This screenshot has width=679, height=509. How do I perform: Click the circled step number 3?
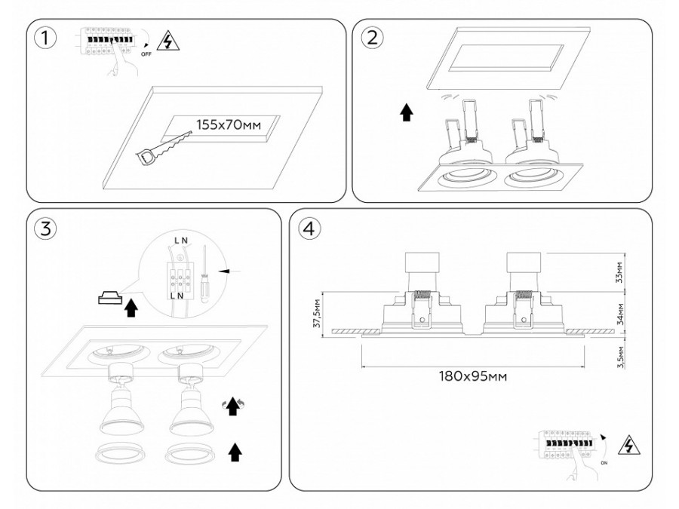click(47, 228)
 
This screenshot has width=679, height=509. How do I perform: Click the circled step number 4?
click(307, 228)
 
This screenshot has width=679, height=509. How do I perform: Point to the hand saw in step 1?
click(161, 147)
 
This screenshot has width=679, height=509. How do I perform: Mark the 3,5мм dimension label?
click(619, 354)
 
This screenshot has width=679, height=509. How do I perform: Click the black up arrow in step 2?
click(407, 113)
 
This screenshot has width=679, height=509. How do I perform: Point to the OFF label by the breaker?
click(146, 54)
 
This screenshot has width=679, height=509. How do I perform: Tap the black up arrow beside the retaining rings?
click(235, 452)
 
